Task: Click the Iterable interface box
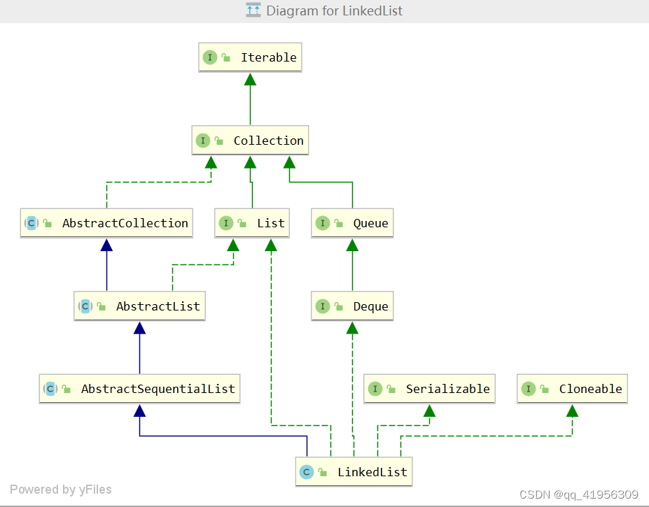tap(250, 57)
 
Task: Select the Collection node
tap(250, 140)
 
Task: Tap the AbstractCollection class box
tap(106, 223)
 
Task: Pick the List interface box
tap(251, 223)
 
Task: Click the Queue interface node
tap(352, 223)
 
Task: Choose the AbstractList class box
tap(139, 306)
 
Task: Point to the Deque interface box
tap(352, 306)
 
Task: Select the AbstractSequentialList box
tap(139, 389)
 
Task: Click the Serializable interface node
tap(429, 389)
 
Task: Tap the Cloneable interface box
tap(572, 389)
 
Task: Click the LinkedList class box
tap(354, 472)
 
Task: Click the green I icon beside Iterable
tap(210, 57)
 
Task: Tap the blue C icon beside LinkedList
tap(306, 472)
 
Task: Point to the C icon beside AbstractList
tap(85, 306)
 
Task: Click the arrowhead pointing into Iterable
tap(250, 79)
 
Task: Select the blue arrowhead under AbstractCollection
tap(107, 245)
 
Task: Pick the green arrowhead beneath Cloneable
tap(572, 410)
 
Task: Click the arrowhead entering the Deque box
tap(352, 328)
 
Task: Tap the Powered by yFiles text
tap(61, 490)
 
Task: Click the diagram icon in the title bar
tap(253, 10)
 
